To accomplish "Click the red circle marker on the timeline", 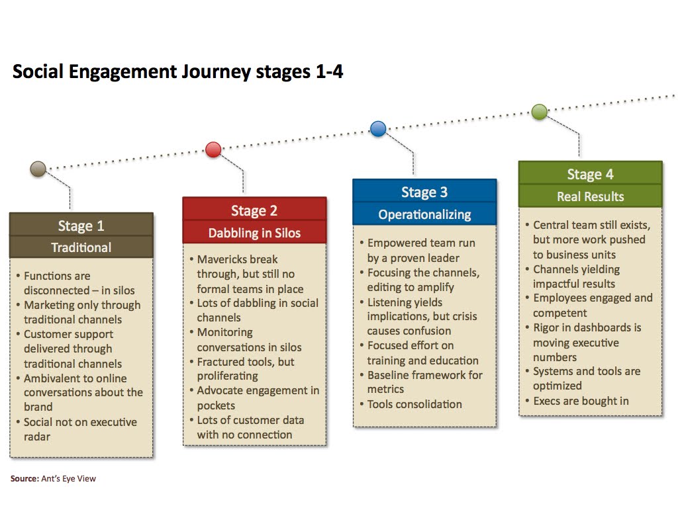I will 213,149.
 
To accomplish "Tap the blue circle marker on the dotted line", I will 378,129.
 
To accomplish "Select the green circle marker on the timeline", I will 540,112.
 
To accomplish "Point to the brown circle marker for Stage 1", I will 38,169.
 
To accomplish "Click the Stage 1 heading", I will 81,226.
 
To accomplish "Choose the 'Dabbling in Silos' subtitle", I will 254,233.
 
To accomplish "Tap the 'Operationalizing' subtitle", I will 424,214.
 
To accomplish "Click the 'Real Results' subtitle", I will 590,196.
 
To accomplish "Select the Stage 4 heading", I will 590,175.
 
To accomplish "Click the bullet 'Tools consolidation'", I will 414,404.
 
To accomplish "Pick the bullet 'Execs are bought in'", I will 581,401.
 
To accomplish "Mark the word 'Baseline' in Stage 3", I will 391,375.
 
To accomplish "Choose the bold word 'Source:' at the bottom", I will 24,478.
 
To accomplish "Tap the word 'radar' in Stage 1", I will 37,437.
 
